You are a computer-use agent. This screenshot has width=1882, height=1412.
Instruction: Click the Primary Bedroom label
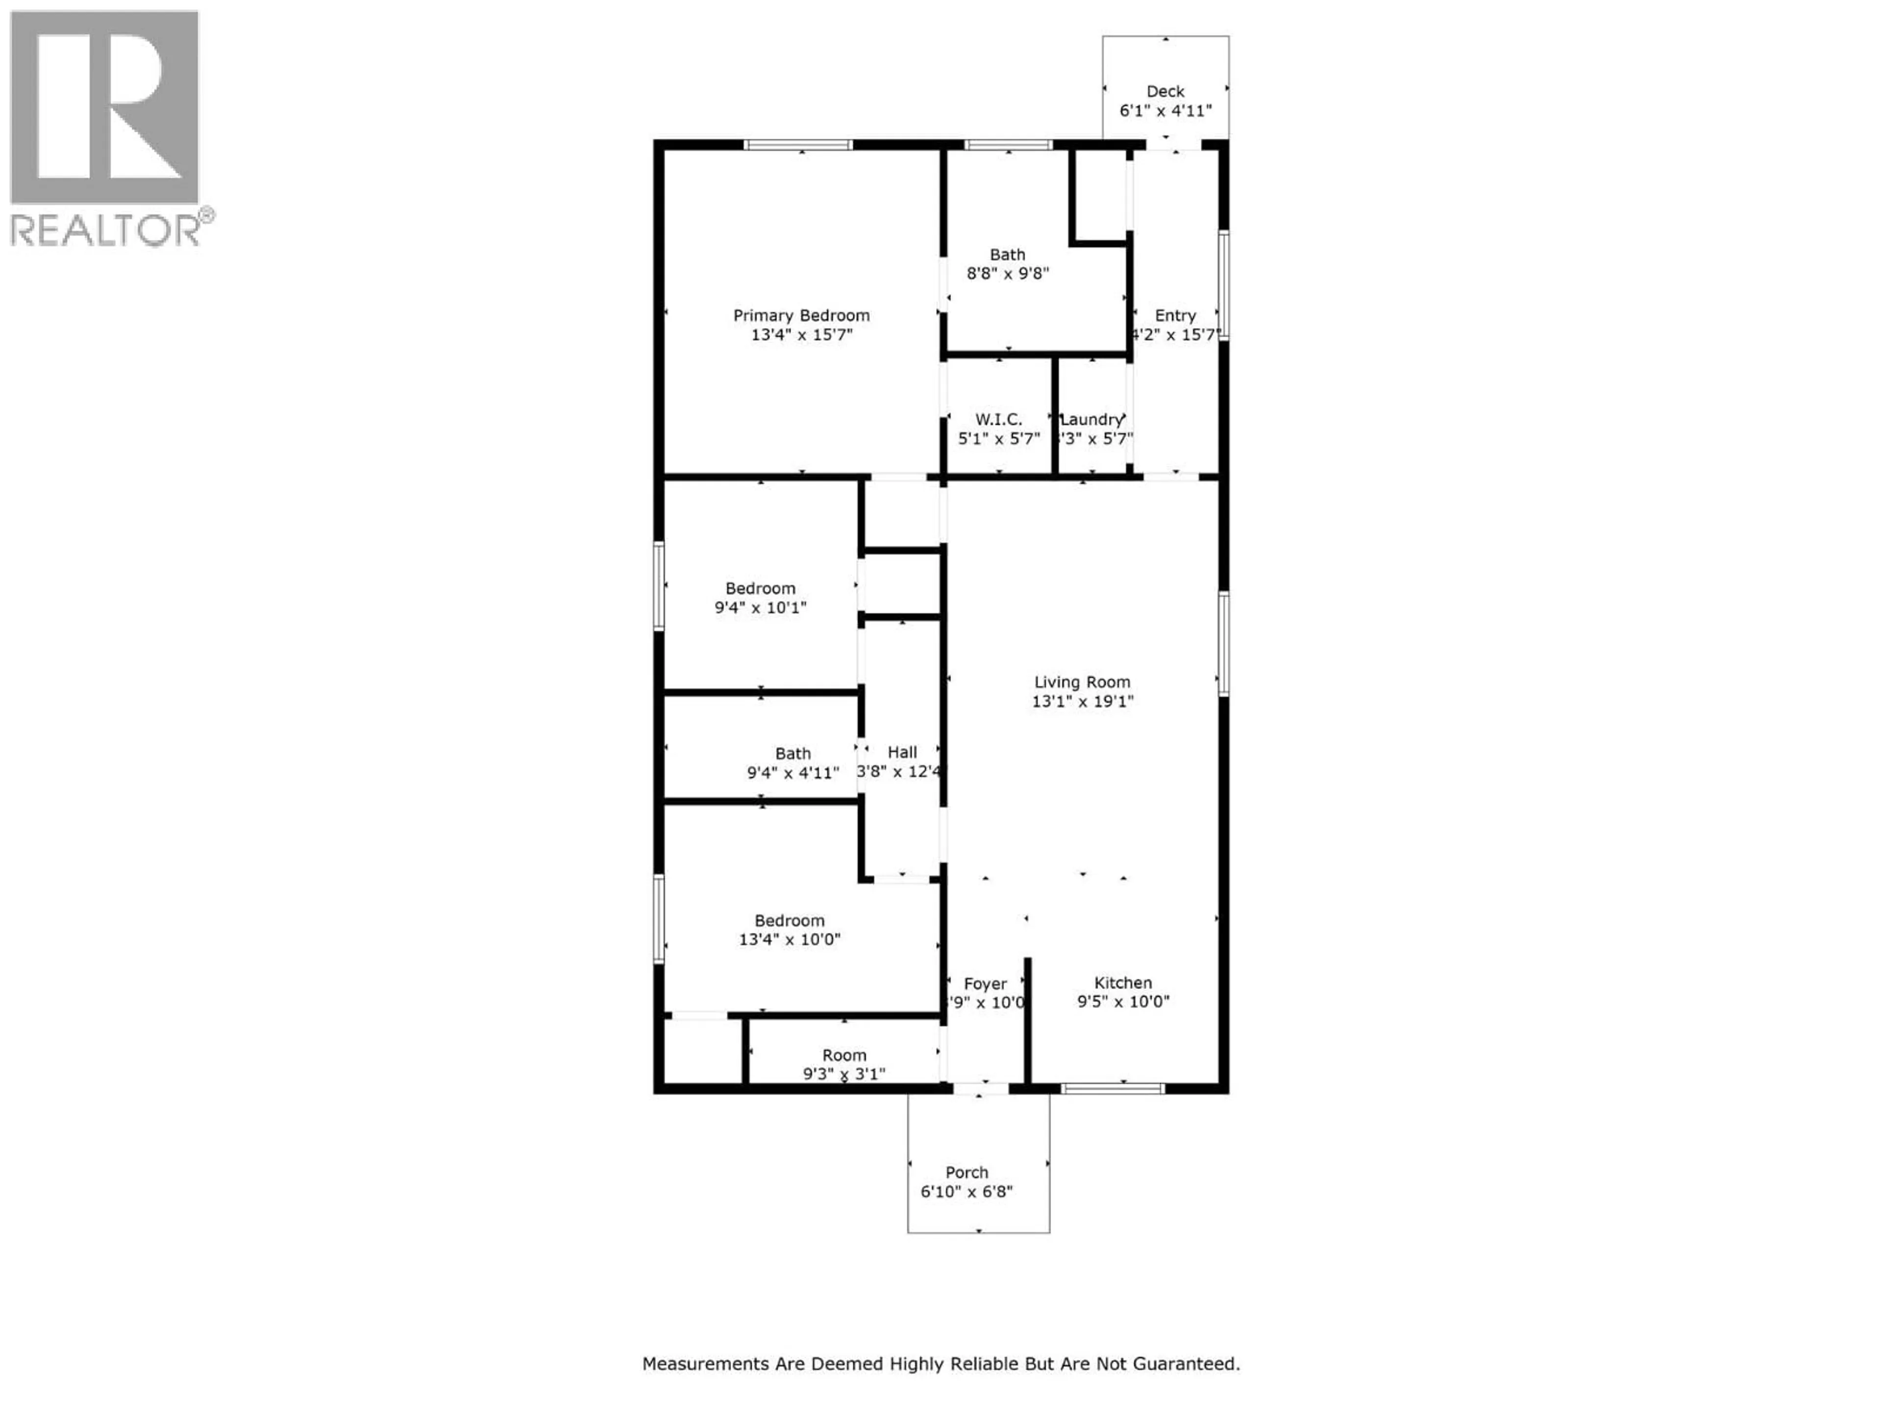click(x=801, y=316)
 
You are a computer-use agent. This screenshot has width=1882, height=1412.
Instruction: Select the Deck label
click(x=1165, y=91)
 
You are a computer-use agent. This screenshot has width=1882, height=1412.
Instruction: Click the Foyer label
click(x=985, y=984)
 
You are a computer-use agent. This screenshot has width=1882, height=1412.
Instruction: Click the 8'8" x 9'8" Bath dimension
click(x=1007, y=273)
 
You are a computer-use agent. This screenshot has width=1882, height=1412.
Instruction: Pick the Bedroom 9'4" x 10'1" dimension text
click(x=760, y=607)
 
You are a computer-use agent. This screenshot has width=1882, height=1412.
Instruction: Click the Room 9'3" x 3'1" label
click(x=844, y=1056)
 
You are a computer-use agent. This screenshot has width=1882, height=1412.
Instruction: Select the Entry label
click(x=1175, y=316)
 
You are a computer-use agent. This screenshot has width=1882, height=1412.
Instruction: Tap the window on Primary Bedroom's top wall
click(x=797, y=145)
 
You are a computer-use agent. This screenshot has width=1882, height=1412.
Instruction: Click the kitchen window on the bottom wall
click(x=1112, y=1088)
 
